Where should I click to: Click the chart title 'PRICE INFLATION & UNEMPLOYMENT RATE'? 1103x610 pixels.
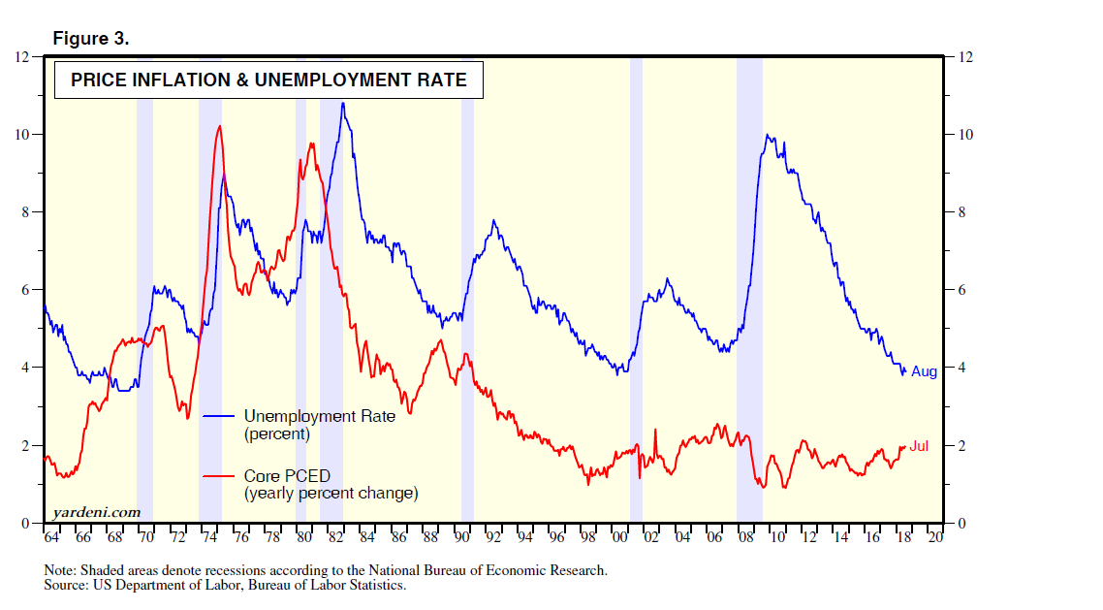click(x=268, y=80)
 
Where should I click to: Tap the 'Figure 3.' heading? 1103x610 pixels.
click(x=90, y=39)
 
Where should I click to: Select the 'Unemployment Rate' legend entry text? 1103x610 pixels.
click(x=319, y=416)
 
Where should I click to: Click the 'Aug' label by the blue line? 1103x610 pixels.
click(x=924, y=372)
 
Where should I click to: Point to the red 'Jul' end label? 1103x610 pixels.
click(x=919, y=447)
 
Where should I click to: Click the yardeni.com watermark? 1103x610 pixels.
click(x=96, y=512)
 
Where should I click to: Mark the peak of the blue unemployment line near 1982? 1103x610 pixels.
click(x=342, y=103)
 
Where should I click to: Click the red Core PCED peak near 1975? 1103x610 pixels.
click(x=220, y=126)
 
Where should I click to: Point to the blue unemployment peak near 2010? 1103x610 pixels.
click(x=767, y=135)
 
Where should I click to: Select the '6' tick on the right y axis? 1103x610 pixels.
click(x=961, y=290)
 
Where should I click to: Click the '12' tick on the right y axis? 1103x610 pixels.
click(x=964, y=57)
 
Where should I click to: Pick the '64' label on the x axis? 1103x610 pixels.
click(x=52, y=536)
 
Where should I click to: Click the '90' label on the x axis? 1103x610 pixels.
click(x=462, y=536)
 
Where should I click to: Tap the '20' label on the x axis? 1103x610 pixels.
click(x=935, y=536)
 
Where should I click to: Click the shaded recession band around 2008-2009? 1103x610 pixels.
click(x=749, y=291)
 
